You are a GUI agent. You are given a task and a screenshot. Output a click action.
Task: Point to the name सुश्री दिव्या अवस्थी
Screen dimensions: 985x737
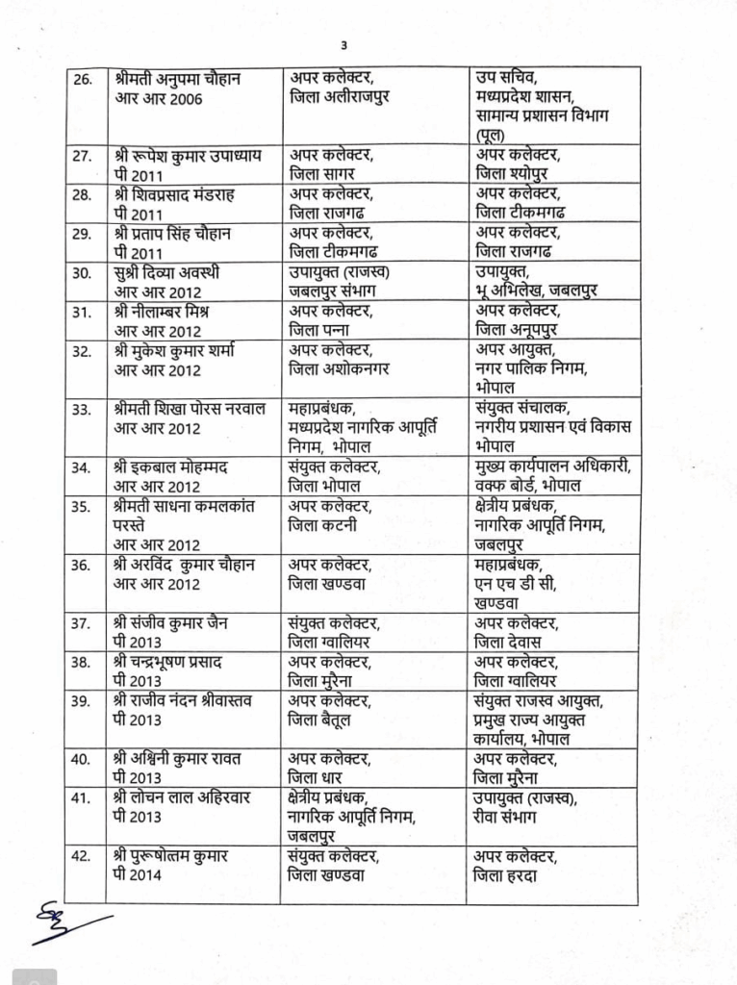click(x=166, y=272)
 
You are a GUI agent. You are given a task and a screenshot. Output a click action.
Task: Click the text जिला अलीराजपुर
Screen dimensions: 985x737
click(x=338, y=98)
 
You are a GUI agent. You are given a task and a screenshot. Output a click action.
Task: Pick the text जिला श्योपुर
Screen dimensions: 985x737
click(x=516, y=174)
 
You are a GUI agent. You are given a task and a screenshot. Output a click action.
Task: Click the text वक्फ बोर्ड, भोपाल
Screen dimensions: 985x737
click(x=528, y=486)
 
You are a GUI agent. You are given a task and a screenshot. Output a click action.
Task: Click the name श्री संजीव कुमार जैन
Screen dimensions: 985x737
click(x=170, y=622)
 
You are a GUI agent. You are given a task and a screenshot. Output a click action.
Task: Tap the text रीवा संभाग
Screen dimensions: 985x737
click(x=506, y=817)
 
